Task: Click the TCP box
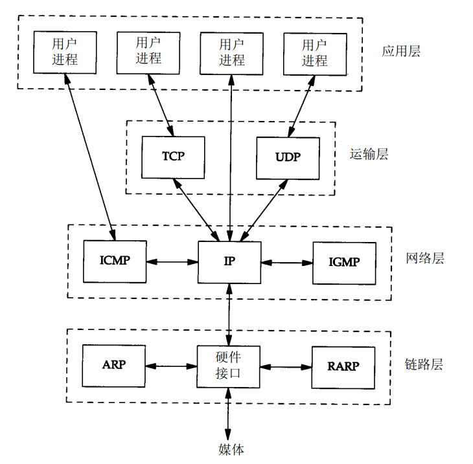(x=173, y=157)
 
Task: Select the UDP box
(x=288, y=158)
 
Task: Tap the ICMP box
(x=115, y=261)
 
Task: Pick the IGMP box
(x=343, y=263)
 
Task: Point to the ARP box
(x=114, y=364)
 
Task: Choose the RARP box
(x=343, y=366)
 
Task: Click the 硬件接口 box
(x=229, y=366)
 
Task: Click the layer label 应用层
(x=401, y=51)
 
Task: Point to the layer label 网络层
(x=424, y=259)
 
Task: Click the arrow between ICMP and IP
(x=172, y=262)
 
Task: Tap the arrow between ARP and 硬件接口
(x=171, y=365)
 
